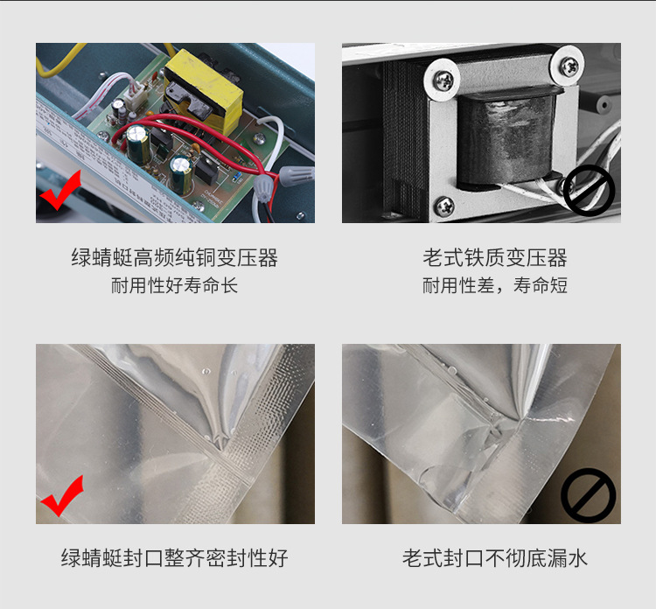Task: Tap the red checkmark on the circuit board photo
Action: tap(59, 194)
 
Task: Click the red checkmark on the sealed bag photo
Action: tap(61, 497)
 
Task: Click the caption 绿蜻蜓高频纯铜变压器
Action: tap(174, 258)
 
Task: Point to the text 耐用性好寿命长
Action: tap(174, 286)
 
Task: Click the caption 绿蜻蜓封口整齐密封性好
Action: tap(174, 558)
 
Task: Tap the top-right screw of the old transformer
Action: tap(570, 64)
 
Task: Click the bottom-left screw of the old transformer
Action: tap(446, 206)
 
